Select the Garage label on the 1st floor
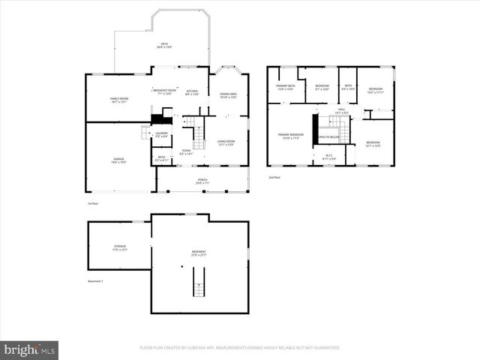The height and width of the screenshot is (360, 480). tap(118, 160)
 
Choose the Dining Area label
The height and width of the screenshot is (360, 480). tap(228, 95)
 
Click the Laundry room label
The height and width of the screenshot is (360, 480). tap(162, 134)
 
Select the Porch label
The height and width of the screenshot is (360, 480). tap(202, 180)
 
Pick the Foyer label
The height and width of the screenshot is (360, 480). tap(186, 151)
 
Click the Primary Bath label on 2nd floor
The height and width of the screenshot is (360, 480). tap(285, 87)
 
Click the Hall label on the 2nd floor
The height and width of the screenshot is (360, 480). tap(341, 111)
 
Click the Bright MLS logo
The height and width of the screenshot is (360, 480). tap(30, 349)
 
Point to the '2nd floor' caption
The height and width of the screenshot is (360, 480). tap(274, 178)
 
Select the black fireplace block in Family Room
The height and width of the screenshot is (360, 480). tap(158, 118)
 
